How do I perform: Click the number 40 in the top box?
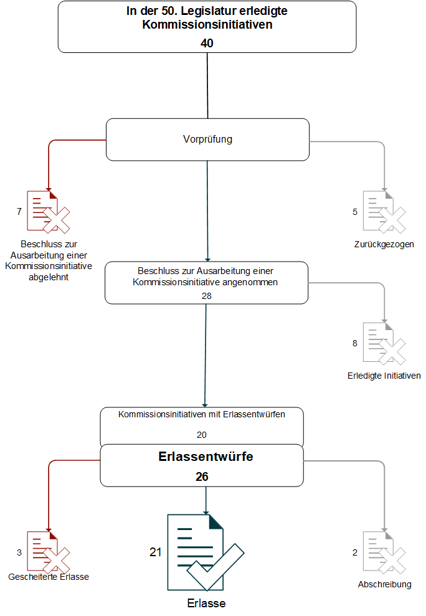point(207,43)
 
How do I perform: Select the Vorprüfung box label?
point(207,139)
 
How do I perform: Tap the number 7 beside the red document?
point(19,211)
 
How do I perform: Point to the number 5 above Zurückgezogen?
point(355,212)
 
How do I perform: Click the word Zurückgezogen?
point(384,244)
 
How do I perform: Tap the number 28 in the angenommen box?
point(206,296)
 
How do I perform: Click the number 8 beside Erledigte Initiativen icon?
point(355,343)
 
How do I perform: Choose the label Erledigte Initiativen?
point(384,376)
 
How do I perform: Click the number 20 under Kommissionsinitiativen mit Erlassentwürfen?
point(202,435)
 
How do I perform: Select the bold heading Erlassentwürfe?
point(206,457)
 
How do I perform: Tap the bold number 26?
point(202,476)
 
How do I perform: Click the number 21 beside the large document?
point(155,552)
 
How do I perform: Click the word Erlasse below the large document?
point(206,603)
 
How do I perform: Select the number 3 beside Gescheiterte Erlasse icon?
point(19,552)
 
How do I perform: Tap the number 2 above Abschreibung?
point(355,552)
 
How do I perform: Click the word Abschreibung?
point(385,585)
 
